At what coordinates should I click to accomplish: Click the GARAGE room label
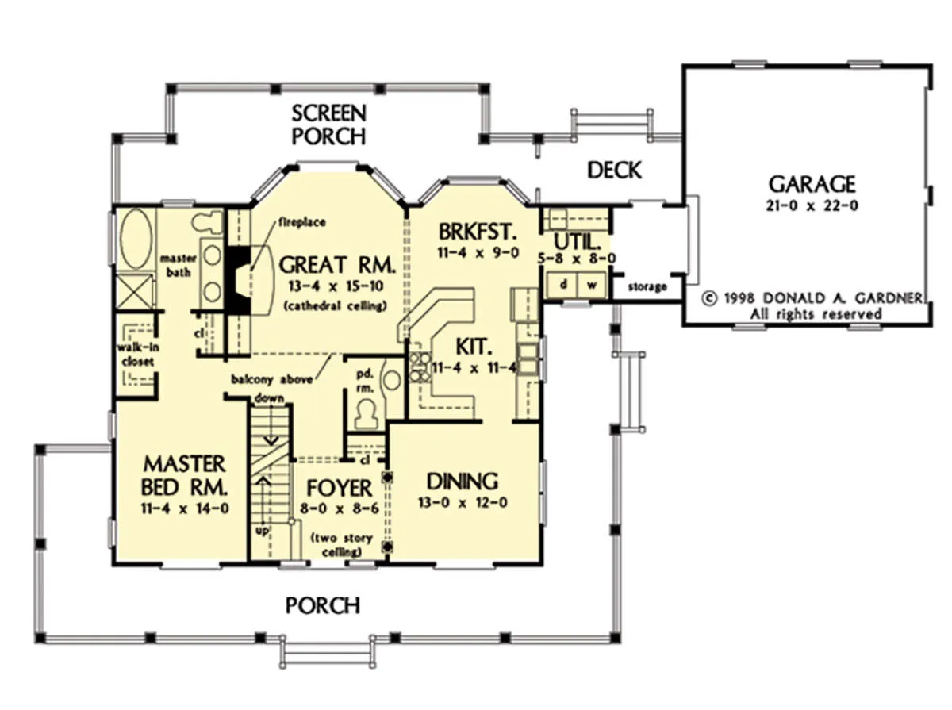coord(812,184)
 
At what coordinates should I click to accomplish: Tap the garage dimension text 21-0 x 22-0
coord(812,205)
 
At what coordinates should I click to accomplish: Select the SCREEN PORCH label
coord(328,125)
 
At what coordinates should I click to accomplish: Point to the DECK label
coord(614,170)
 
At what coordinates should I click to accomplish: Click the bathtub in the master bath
coord(136,240)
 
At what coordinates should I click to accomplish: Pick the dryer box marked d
coord(562,285)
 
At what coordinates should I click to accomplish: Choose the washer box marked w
coord(592,285)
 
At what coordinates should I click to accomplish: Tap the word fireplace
coord(302,222)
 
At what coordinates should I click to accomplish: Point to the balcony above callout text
coord(271,379)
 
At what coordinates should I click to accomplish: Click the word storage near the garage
coord(647,286)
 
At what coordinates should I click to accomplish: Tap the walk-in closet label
coord(137,355)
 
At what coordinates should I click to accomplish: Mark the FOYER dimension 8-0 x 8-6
coord(340,508)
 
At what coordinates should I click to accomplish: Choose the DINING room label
coord(463,482)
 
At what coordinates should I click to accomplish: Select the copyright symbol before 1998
coord(709,298)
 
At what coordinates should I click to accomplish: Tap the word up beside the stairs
coord(262,530)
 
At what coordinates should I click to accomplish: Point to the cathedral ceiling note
coord(335,306)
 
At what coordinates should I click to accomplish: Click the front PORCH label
coord(323,605)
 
